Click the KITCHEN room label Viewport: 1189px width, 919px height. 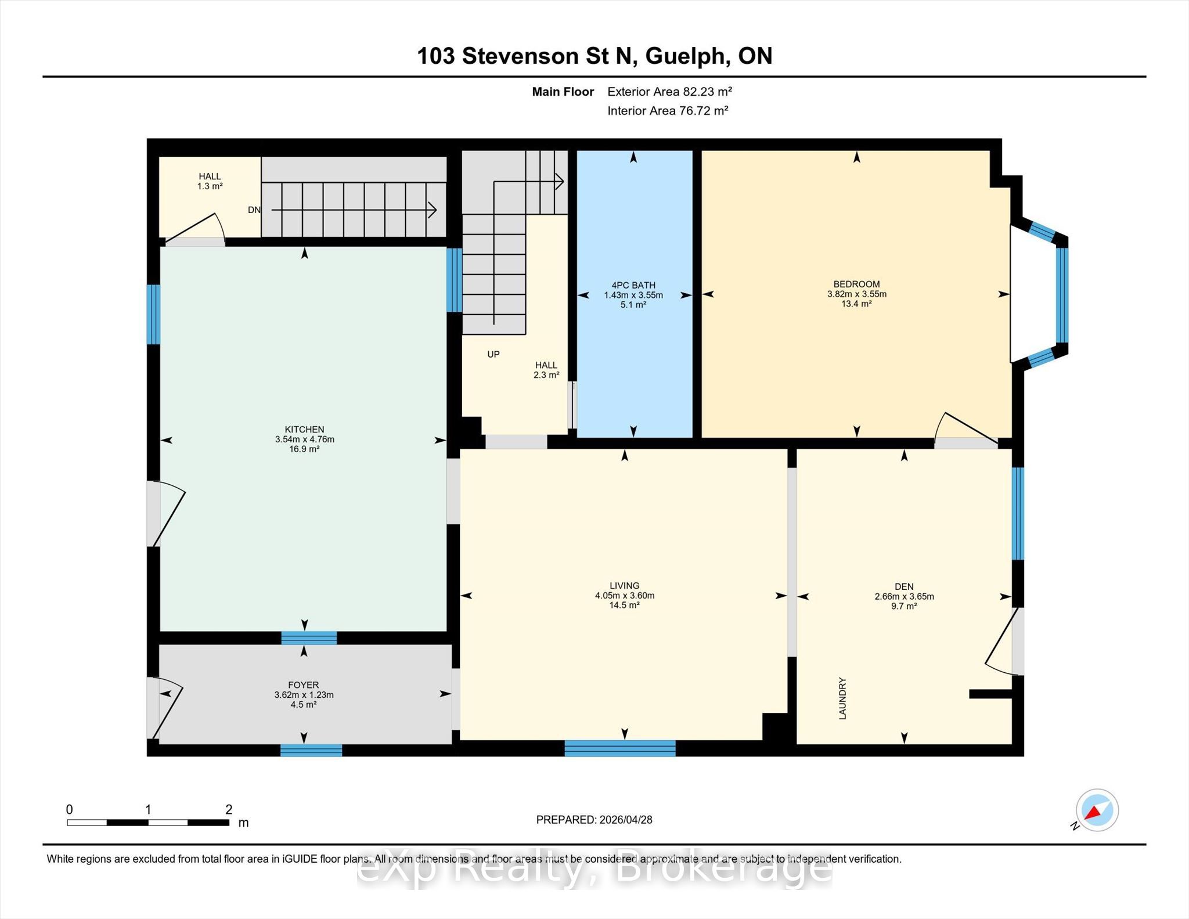coord(304,430)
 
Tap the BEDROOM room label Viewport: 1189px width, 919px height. coord(856,284)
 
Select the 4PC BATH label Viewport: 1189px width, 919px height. coord(633,285)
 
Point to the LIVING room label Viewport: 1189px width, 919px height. coord(625,586)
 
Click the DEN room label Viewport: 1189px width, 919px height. coord(904,587)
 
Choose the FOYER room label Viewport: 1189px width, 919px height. coord(304,685)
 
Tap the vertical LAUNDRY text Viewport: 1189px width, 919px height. coord(842,698)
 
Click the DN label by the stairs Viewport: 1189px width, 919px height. coord(254,210)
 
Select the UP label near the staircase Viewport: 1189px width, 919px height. coord(493,354)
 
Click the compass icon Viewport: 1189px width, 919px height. coord(1097,810)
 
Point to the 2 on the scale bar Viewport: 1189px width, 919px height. coord(229,809)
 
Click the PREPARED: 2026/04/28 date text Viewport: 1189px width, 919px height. coord(594,820)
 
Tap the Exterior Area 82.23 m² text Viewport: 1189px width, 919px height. coord(669,91)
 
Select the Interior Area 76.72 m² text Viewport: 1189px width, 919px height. coord(668,110)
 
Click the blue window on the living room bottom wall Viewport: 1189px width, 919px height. coord(620,748)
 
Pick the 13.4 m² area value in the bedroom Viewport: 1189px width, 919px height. coord(856,304)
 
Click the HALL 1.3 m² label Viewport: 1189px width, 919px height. coord(210,181)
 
